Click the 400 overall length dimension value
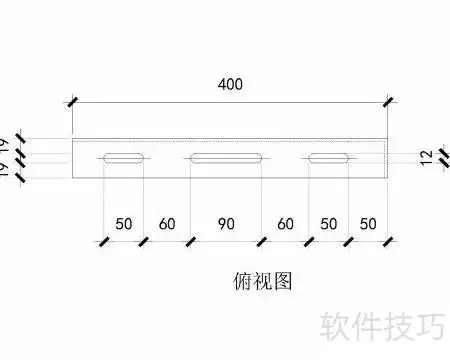point(230,84)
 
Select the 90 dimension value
point(226,224)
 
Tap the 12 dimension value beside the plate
point(426,158)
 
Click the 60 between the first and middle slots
point(167,224)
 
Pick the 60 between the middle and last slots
point(285,224)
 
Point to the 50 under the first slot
point(124,224)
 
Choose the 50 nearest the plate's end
point(368,224)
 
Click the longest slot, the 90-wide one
point(226,158)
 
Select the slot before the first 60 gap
point(123,158)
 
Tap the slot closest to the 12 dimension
point(329,158)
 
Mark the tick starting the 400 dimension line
point(72,102)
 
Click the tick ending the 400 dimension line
point(388,102)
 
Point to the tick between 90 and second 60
point(262,241)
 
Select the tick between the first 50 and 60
point(143,241)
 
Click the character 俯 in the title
point(243,281)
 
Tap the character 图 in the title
point(283,281)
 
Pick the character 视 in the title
point(263,281)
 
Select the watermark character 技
point(399,327)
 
